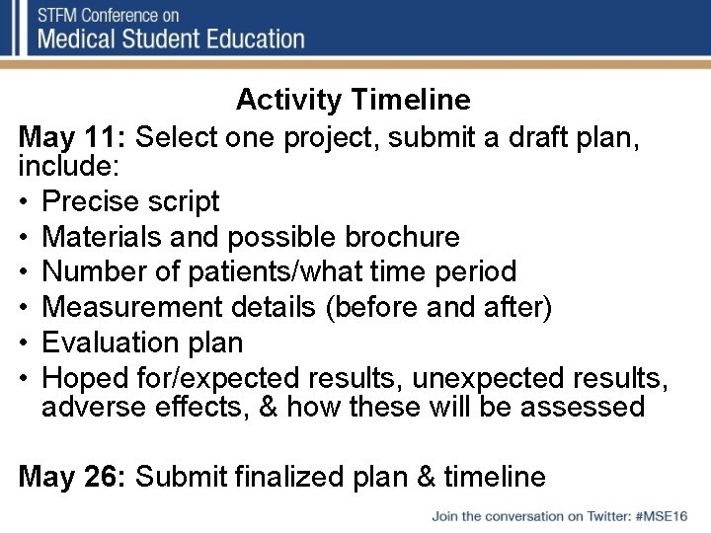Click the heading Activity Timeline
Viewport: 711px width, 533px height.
[x=353, y=100]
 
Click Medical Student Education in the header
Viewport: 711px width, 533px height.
[x=171, y=39]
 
